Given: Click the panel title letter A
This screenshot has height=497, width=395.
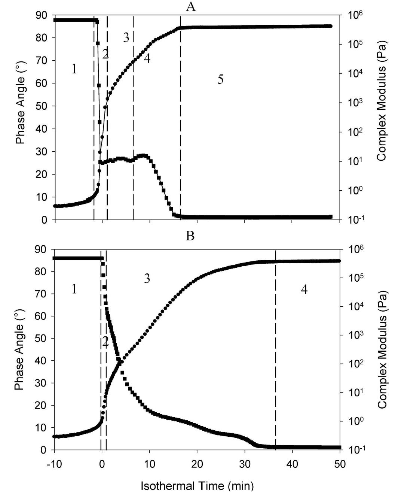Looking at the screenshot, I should coord(191,6).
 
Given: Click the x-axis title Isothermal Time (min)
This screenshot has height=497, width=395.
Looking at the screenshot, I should coord(197,486).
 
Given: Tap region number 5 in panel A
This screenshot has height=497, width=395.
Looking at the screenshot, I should coord(220,79).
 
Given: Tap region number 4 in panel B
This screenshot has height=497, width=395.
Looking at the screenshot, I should coord(304,290).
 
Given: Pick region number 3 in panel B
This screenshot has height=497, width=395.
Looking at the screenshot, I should coord(147,279).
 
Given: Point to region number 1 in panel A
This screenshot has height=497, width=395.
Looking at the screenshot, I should coord(74,69).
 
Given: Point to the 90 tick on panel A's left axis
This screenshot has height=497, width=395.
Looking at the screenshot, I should coord(42,15).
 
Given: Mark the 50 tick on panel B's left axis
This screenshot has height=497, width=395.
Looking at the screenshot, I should coord(42,339).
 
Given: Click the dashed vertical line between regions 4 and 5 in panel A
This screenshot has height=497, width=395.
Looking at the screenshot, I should coord(181,112).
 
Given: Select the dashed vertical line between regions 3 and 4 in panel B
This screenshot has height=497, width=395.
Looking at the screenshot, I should coord(276,337).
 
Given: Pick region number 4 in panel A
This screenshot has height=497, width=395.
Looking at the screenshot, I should coord(147,58).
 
